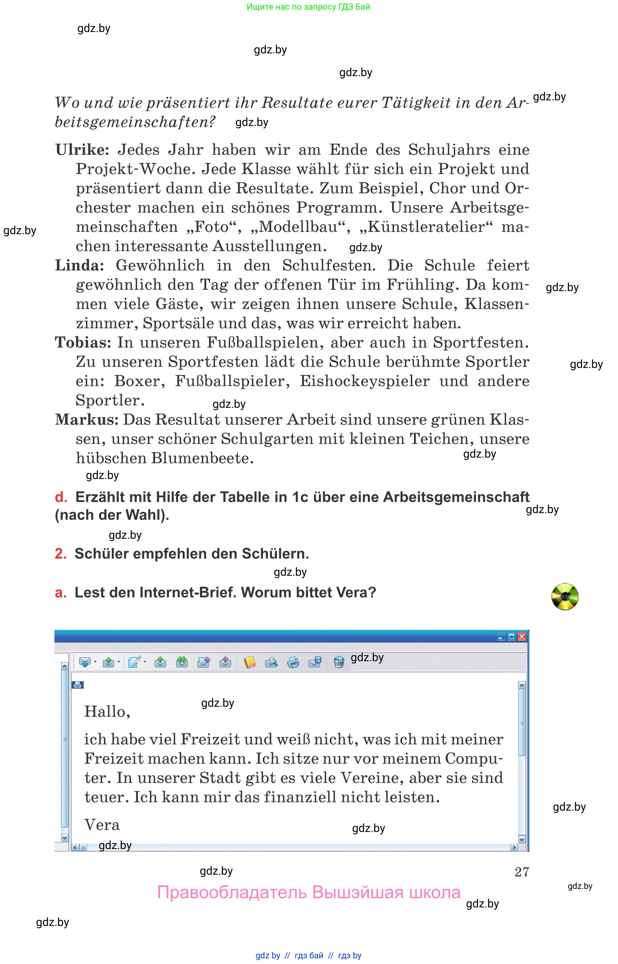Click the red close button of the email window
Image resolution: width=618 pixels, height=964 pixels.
(x=522, y=637)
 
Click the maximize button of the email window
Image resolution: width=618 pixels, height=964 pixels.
(x=511, y=637)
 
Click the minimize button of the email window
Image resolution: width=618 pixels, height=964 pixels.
(x=501, y=637)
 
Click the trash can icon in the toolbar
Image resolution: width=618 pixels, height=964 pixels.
(x=339, y=662)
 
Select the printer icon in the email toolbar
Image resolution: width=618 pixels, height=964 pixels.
(x=293, y=662)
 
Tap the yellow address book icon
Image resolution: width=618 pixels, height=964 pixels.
(x=249, y=662)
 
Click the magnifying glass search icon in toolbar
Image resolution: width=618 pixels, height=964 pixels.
(x=271, y=662)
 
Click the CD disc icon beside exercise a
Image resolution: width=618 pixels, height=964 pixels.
(x=565, y=596)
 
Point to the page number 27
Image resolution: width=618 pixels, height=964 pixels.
(x=522, y=872)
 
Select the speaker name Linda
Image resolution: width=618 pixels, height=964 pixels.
(x=79, y=265)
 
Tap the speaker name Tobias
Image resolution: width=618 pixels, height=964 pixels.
(x=83, y=343)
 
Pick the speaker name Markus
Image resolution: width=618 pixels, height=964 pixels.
(x=86, y=420)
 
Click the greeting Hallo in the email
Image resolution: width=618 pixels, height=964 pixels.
(x=107, y=712)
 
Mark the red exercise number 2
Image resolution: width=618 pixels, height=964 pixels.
(x=61, y=554)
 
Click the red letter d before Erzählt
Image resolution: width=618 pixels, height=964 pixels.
(x=61, y=497)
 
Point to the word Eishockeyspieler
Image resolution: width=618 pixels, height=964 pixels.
(x=365, y=381)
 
